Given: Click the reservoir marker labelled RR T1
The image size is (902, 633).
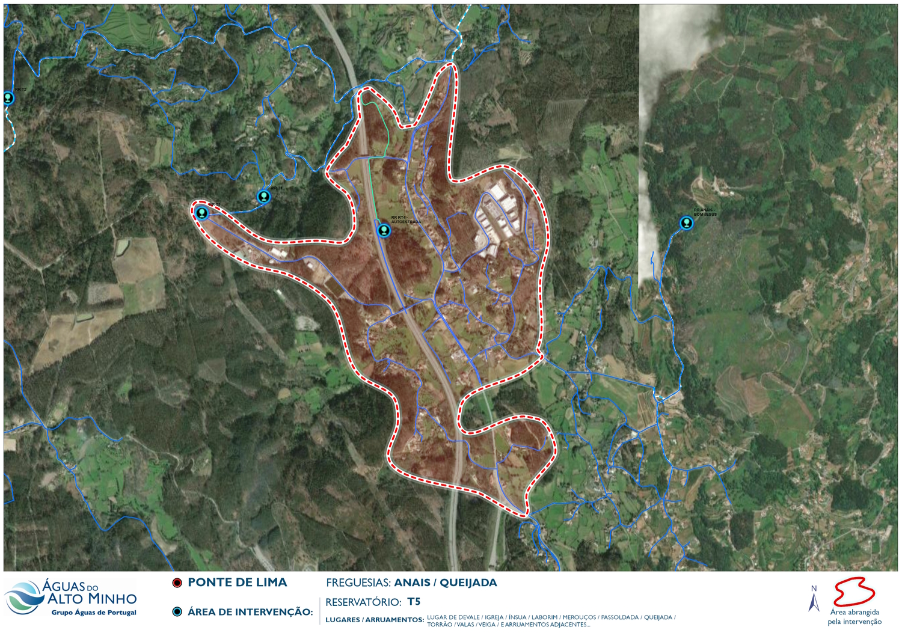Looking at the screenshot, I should coord(263,196).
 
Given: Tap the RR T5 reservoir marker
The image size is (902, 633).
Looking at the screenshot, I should coord(202,212).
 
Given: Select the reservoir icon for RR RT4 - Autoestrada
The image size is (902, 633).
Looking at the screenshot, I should coord(384,230).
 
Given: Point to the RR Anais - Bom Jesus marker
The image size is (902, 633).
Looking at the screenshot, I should coord(686,223).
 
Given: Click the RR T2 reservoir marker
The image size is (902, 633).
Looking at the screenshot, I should coord(8,97).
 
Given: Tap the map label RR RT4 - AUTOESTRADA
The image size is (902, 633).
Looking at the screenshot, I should coord(406,219).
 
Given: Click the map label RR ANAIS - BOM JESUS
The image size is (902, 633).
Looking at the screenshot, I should coord(705,212).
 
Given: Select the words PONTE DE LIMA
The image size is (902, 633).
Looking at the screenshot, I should coord(237,583).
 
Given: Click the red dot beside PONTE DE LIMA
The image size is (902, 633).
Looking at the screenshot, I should coord(177,583).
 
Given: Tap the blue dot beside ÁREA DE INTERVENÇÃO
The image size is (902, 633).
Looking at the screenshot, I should coord(177,612).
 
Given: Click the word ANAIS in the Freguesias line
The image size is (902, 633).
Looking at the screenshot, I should coord(412,583).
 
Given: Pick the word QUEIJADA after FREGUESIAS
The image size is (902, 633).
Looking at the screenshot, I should coord(468,583).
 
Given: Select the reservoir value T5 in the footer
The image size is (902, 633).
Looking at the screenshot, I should coord(414,602).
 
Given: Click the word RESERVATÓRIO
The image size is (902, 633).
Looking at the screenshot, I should coord(363,602).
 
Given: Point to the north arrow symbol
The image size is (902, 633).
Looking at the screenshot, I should coord(814,602).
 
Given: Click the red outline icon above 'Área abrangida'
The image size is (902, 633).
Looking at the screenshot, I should coord(854,592).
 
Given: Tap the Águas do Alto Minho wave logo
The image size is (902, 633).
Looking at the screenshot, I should coord(24,597).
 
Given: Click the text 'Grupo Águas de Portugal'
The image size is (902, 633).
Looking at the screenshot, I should coord(94,613).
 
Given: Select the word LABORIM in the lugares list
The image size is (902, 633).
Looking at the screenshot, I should coord(544,617).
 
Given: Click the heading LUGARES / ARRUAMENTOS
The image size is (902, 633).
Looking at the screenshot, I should coord(374,620).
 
